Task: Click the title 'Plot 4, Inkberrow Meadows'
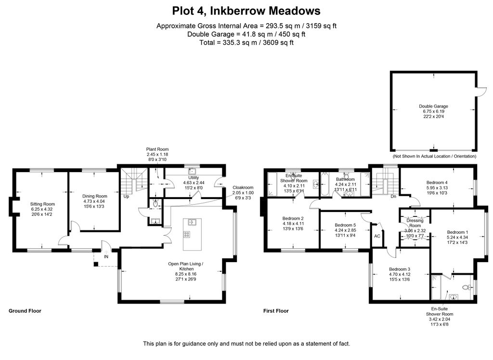246,11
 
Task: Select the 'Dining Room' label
94,196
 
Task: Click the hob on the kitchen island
187,235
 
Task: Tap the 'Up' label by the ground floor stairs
126,197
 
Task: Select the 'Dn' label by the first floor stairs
393,196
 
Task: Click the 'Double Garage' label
433,106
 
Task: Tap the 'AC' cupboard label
377,237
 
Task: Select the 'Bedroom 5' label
345,225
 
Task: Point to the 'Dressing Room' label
415,223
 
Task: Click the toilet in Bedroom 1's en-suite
466,287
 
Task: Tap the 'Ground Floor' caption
25,311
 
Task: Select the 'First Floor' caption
276,311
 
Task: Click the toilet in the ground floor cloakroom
155,204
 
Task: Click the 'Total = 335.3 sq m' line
246,42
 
